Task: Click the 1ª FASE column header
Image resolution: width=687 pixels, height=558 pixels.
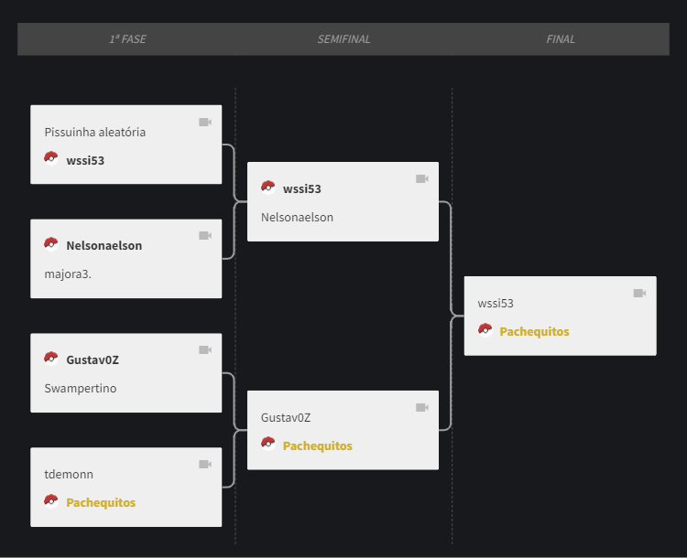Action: click(127, 39)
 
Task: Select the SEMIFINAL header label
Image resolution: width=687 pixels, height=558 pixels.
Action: click(343, 39)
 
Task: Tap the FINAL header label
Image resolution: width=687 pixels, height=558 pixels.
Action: click(561, 39)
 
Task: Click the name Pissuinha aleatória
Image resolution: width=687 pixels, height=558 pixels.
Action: click(95, 132)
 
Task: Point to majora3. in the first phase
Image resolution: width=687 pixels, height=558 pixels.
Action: click(68, 274)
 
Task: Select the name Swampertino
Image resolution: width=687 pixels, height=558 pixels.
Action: click(81, 389)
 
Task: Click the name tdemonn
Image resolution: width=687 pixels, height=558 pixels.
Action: click(69, 475)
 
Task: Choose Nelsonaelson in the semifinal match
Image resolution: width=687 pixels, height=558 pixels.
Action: click(297, 218)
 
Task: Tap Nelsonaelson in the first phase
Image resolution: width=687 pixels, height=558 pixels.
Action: click(104, 245)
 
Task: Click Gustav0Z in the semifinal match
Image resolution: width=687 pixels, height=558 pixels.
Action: click(286, 417)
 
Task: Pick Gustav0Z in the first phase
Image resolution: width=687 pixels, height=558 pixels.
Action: click(93, 360)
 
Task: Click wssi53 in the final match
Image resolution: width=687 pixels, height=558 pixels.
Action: click(496, 304)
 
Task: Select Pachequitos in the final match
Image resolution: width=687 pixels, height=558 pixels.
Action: click(535, 332)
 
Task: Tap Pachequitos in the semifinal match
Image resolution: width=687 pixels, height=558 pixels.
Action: click(318, 446)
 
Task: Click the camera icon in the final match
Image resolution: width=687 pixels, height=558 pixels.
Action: click(639, 294)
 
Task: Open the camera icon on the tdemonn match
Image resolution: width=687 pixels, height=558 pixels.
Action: click(205, 465)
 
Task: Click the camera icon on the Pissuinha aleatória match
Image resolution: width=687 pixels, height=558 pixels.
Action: click(205, 122)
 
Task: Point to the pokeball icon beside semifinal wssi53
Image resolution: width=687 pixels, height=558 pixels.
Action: click(268, 188)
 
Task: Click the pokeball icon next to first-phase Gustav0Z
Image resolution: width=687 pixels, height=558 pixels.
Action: click(51, 359)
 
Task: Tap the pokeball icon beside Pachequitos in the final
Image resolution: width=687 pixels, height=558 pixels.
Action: click(485, 330)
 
